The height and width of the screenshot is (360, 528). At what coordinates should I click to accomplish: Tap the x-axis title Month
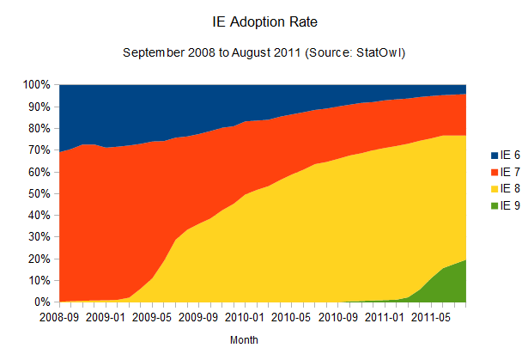click(x=244, y=340)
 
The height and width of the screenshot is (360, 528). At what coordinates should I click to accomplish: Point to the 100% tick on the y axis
click(x=37, y=85)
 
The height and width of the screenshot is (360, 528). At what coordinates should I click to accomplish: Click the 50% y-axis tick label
click(x=39, y=193)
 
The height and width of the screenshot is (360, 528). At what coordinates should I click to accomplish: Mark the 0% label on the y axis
click(x=43, y=302)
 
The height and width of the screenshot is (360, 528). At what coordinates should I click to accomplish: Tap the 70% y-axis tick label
click(x=39, y=150)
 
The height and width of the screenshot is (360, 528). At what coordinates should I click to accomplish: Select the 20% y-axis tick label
click(x=39, y=259)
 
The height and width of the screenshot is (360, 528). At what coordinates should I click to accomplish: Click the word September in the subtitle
click(x=153, y=53)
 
